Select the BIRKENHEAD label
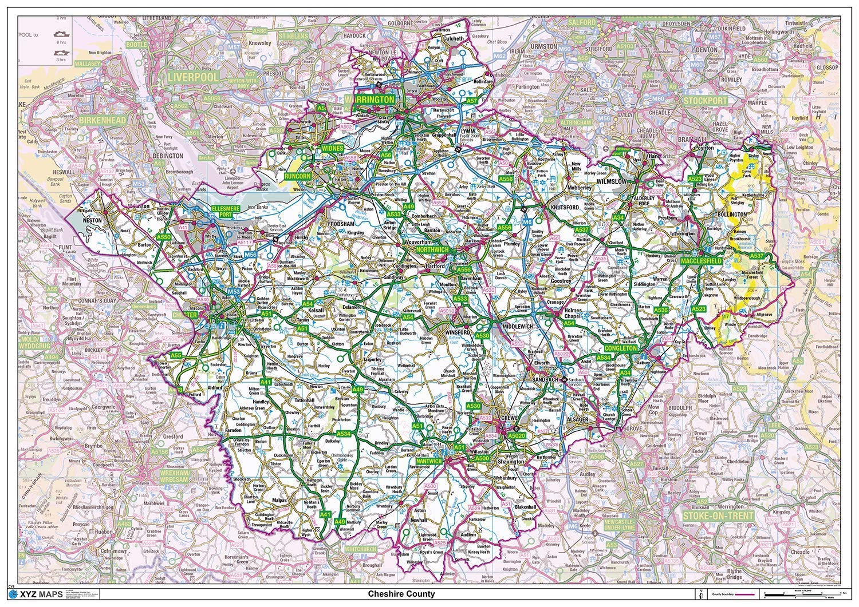tap(103, 121)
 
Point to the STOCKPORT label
tap(705, 101)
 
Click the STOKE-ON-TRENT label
tap(718, 515)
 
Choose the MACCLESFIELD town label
tap(704, 261)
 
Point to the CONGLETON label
tap(620, 348)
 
